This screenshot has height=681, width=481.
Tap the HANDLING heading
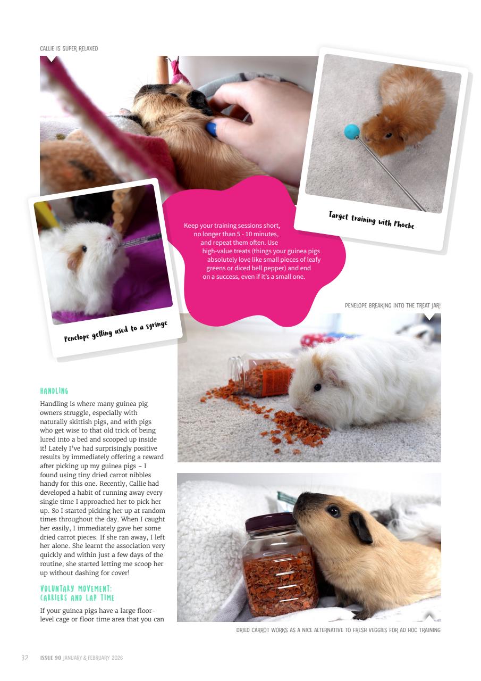tap(54, 391)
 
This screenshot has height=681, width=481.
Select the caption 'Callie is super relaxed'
tap(69, 48)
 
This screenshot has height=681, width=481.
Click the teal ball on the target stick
tap(352, 131)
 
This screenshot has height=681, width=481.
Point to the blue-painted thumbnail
tap(212, 128)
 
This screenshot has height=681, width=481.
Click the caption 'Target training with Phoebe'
tap(371, 220)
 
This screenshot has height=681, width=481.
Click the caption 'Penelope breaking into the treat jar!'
tap(392, 305)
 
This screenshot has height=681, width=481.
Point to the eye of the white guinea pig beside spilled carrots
tap(317, 387)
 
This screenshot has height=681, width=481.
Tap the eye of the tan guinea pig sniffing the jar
tap(333, 511)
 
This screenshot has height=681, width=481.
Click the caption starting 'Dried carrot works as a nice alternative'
tap(338, 630)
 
